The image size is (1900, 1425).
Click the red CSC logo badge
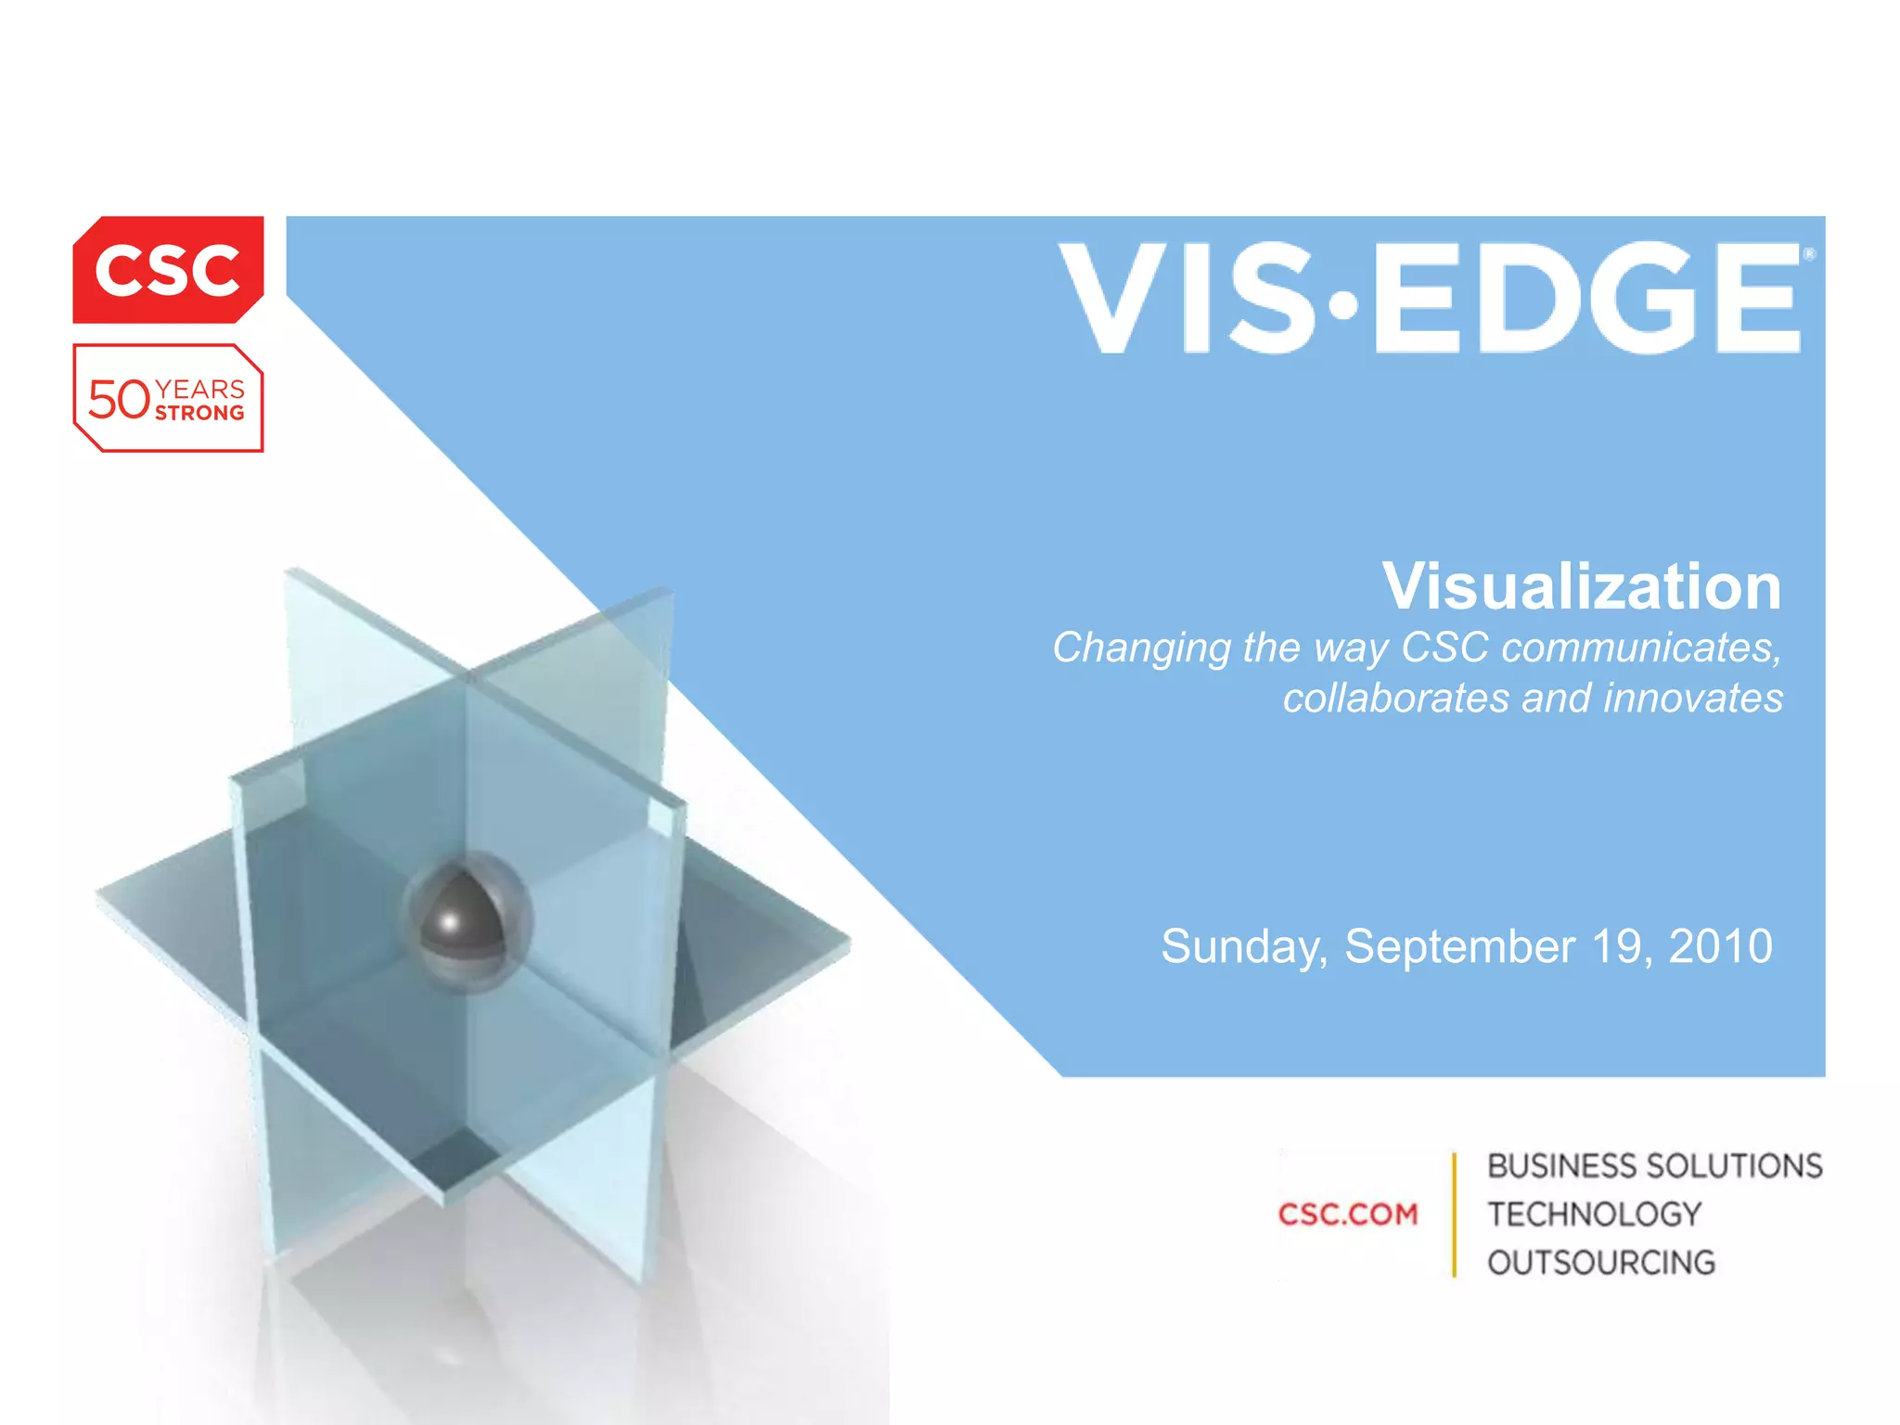(168, 270)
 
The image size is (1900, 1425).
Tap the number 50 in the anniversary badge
(119, 401)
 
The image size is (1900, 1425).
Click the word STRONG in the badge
(199, 414)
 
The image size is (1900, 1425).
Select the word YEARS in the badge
(199, 389)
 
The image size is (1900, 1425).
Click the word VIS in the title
(1186, 299)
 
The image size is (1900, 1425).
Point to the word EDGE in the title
(1585, 299)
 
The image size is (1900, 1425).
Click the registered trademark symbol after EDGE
(1808, 254)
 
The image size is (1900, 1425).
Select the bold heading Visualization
(1582, 586)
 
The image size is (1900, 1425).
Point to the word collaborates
(1395, 698)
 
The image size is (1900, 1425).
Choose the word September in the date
(1460, 947)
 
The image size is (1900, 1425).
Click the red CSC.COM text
(1348, 1214)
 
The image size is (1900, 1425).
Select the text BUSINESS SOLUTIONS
(1655, 1166)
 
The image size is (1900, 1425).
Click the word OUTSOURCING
(1601, 1263)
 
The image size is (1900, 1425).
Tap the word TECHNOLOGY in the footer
(1595, 1214)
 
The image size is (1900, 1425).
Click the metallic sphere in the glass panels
(464, 920)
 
